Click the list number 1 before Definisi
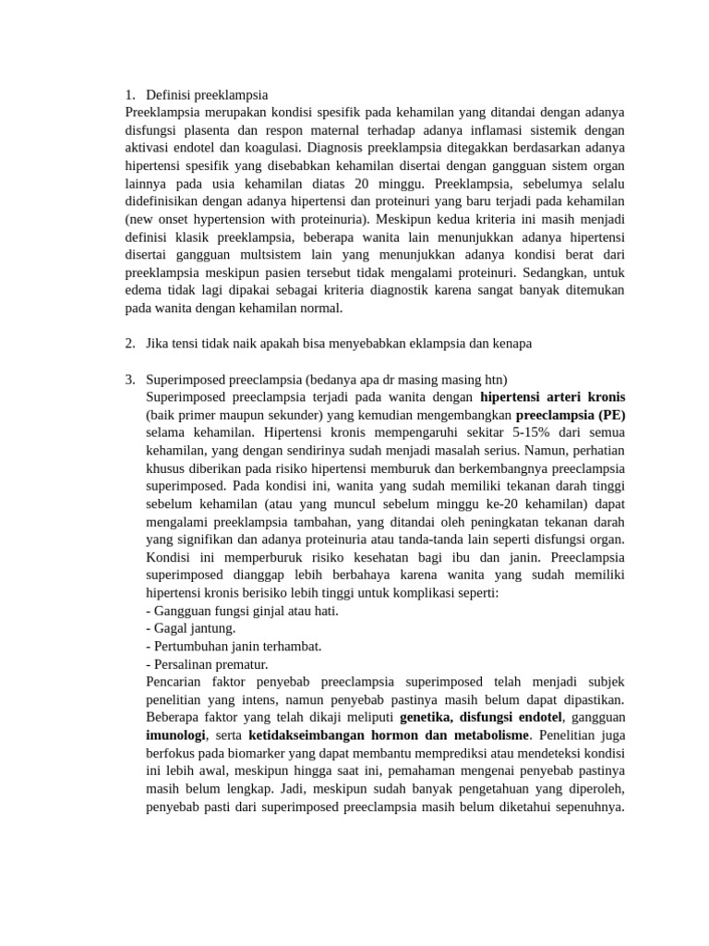[x=128, y=94]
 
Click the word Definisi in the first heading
[x=171, y=94]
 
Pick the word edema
[x=142, y=290]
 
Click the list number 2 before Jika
[x=128, y=344]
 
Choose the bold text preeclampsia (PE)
[x=571, y=415]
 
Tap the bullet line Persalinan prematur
[x=207, y=663]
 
